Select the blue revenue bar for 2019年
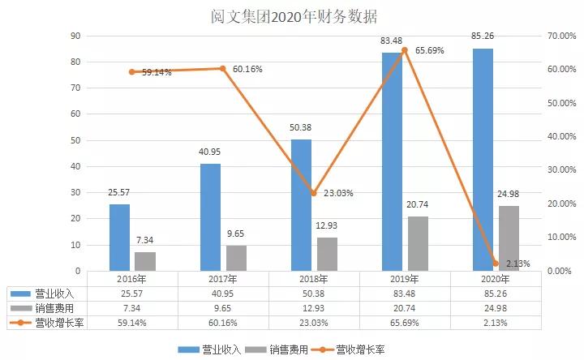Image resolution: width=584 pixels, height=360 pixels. (x=392, y=161)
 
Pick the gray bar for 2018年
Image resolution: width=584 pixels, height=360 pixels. (x=327, y=253)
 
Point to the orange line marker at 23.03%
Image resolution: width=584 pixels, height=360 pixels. (x=314, y=193)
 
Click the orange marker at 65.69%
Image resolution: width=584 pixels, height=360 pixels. (x=405, y=50)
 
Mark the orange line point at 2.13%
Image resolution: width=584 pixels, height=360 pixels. (x=496, y=263)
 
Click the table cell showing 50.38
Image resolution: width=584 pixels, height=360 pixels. (x=313, y=293)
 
